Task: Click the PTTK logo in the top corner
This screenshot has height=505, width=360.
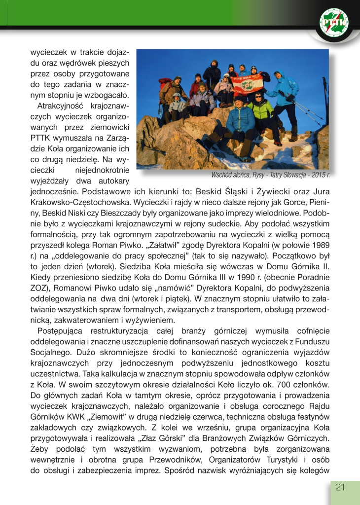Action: pos(336,23)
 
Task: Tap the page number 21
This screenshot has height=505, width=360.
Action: pos(340,487)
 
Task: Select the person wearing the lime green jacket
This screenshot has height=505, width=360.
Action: pos(261,111)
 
